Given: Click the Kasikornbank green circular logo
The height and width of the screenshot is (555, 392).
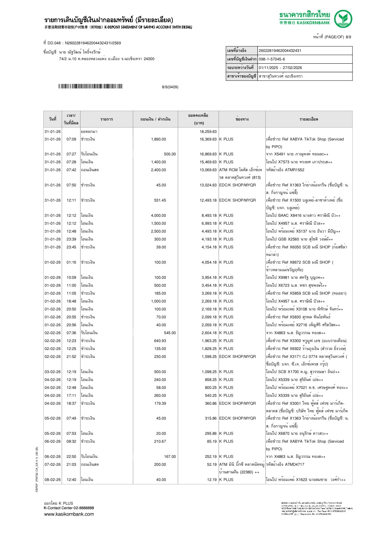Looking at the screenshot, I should [x=343, y=19].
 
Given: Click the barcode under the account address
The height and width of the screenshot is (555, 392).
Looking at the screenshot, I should [x=90, y=86].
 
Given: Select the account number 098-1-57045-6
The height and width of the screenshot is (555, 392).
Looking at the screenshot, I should [x=272, y=59].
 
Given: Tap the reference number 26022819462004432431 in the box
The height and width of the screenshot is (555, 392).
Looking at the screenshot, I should [x=280, y=51].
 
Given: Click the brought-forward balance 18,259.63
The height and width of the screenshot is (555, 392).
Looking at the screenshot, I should [x=208, y=132].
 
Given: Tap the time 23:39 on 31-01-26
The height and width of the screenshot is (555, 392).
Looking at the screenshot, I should [x=71, y=239].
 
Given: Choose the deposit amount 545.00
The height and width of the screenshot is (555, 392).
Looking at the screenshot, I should [x=170, y=333].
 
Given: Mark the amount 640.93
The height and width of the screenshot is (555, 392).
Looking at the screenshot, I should [x=160, y=341].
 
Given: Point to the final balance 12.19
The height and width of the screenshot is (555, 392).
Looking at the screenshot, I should [x=212, y=480].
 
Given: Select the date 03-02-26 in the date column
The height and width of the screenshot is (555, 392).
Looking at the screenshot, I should [x=53, y=372].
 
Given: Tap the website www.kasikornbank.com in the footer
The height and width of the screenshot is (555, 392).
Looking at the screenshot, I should [x=69, y=514].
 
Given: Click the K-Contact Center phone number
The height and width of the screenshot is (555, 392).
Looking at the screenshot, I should [x=83, y=508].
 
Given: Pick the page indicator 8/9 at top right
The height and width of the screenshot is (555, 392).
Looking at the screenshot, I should [x=348, y=37].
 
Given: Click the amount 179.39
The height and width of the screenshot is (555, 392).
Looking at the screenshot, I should [x=160, y=403].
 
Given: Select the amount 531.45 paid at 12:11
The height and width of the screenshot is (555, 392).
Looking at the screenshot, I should [x=160, y=200].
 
